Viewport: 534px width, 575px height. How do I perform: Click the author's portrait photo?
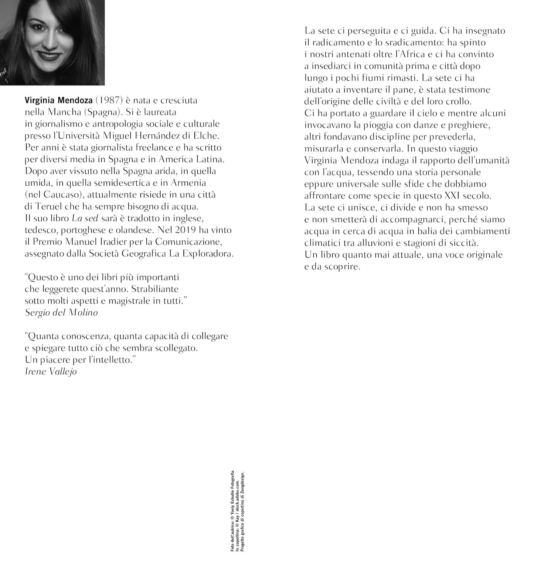52,42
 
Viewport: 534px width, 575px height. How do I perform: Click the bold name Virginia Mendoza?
59,100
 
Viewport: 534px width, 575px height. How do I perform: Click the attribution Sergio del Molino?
61,312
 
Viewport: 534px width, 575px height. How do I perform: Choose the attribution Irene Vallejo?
51,371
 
